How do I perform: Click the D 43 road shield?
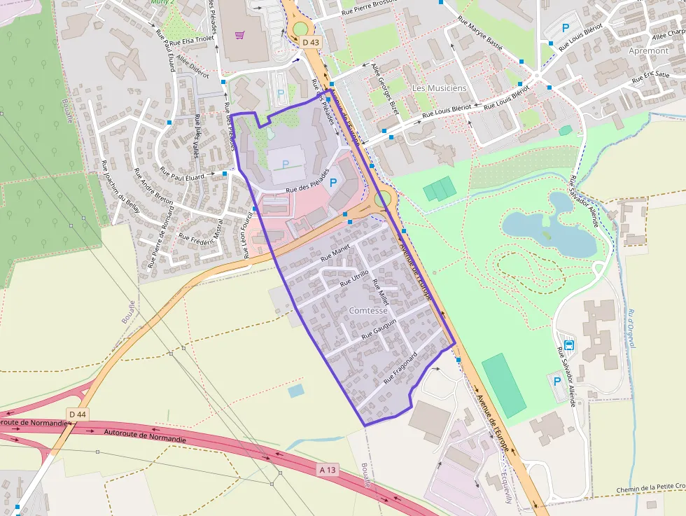(x=311, y=43)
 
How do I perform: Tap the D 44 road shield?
(x=78, y=414)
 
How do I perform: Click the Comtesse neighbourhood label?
(x=367, y=310)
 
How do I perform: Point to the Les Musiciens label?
(x=439, y=88)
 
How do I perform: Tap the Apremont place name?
(x=648, y=51)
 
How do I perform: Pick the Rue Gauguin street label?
(x=379, y=329)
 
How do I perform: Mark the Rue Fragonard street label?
(x=400, y=368)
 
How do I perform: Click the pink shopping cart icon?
(x=240, y=34)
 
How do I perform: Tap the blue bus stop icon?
(x=569, y=344)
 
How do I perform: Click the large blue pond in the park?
(x=549, y=228)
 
